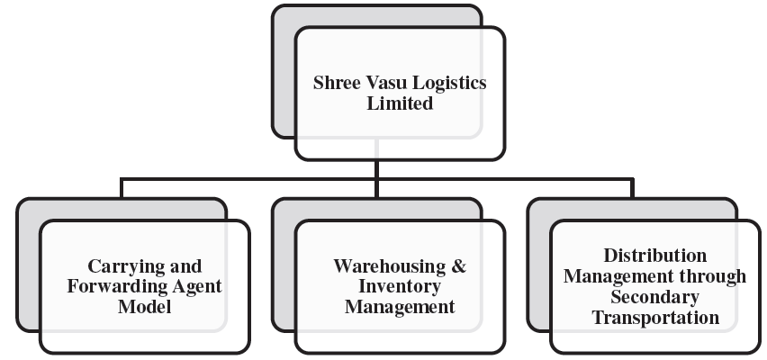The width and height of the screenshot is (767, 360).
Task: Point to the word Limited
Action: [400, 103]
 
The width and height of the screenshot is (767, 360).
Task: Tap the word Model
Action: [145, 307]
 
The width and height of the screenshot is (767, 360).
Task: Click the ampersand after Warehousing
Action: [459, 266]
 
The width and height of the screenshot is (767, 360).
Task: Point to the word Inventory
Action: [400, 287]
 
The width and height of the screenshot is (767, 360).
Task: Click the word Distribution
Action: [654, 256]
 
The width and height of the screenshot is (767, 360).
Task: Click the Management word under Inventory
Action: [400, 307]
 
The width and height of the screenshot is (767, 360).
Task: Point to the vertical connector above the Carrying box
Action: [122, 188]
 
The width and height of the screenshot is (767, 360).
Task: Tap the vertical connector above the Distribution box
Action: [632, 188]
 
